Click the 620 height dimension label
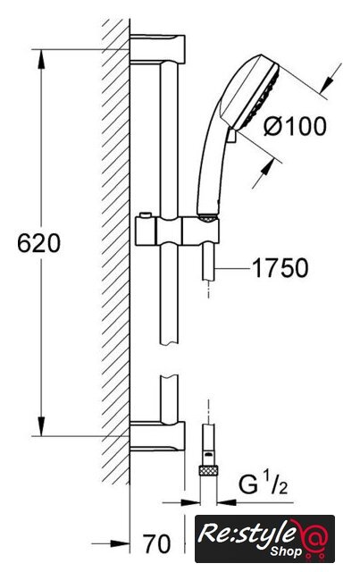(x=38, y=243)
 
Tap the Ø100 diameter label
(x=295, y=127)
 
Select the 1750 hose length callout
(x=280, y=268)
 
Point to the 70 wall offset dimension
(x=157, y=544)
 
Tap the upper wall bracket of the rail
(x=157, y=49)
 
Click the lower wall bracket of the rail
(x=157, y=436)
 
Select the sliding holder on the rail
(x=177, y=231)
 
